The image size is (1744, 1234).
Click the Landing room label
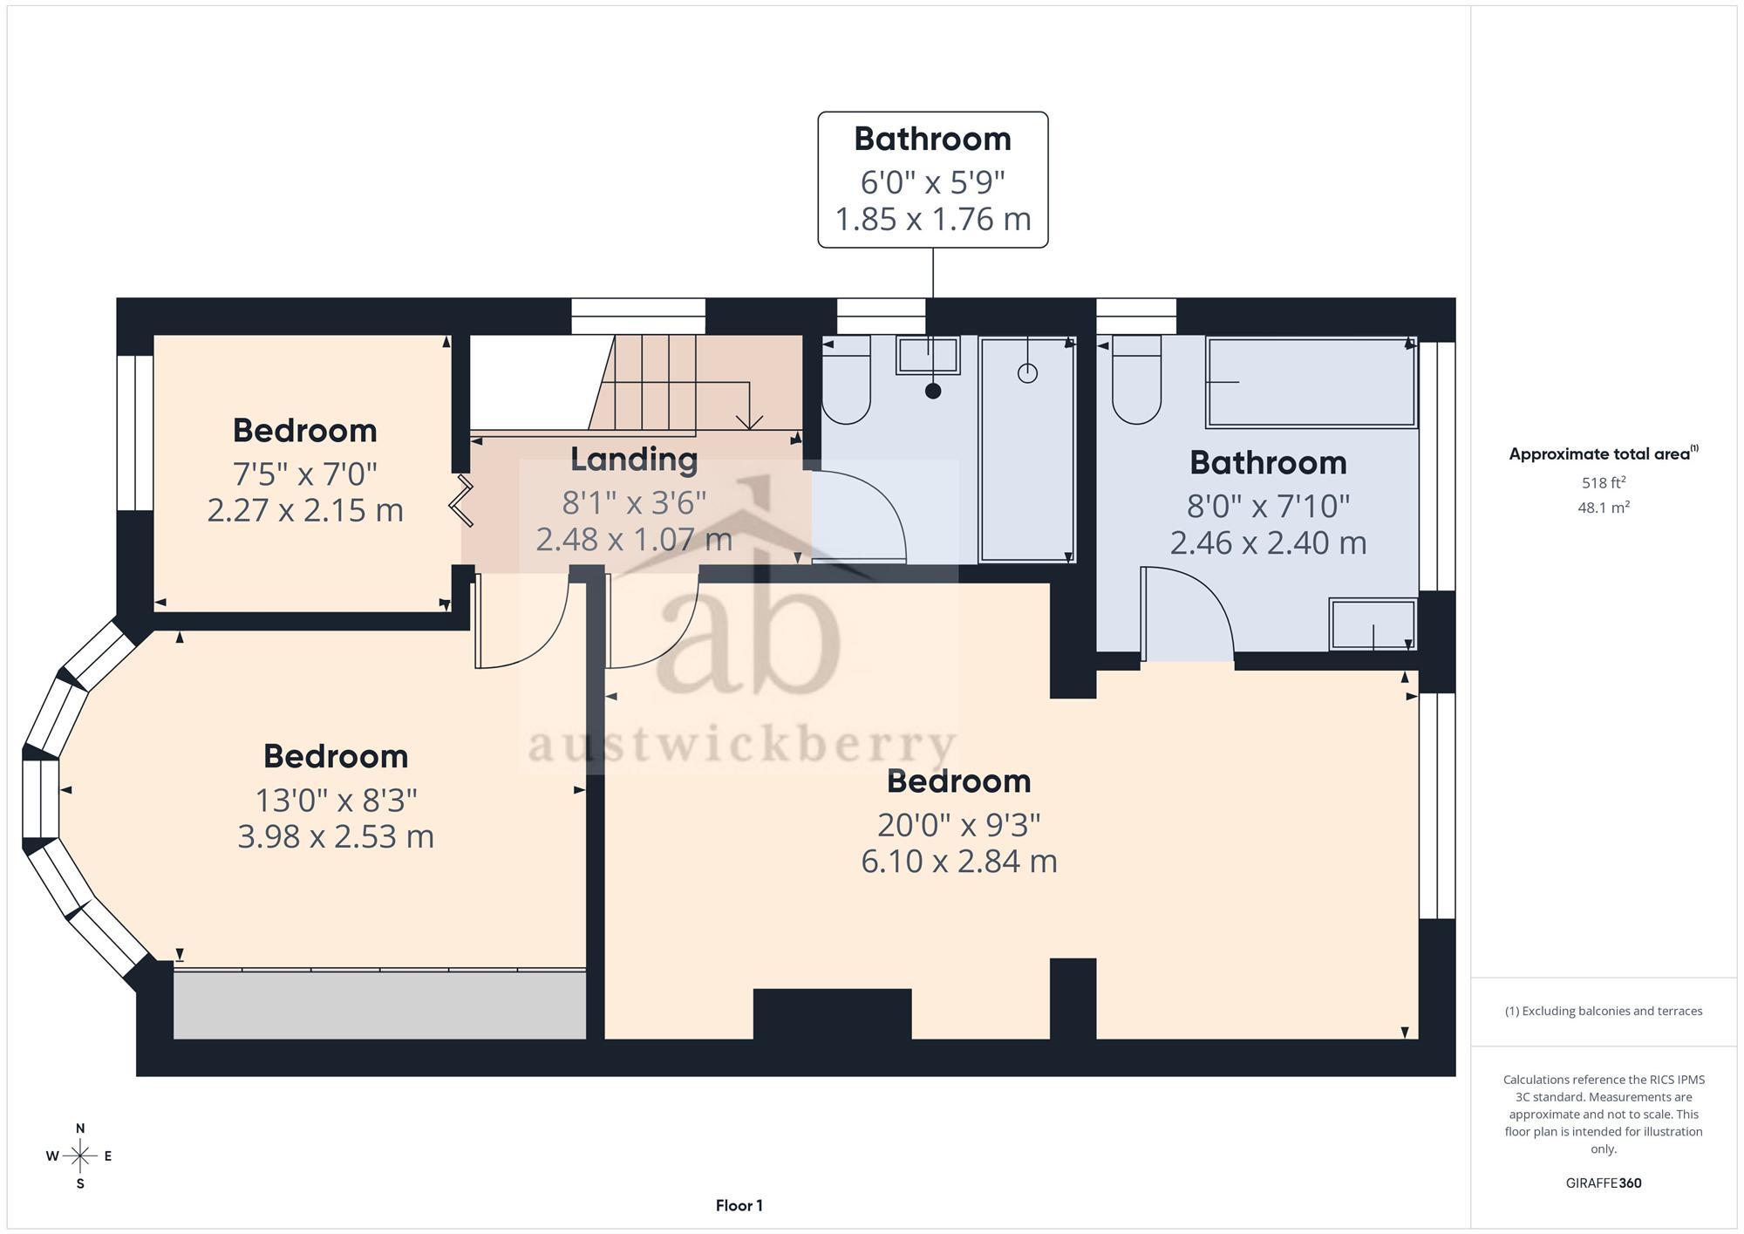pos(634,460)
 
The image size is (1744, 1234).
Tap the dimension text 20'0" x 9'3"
pos(958,824)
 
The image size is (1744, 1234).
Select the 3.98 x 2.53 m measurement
pos(336,836)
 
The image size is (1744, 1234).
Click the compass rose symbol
pos(80,1156)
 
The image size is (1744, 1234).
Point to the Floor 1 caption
pos(739,1205)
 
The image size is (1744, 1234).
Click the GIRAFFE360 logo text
pos(1604,1183)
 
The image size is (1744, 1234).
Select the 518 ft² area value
pos(1604,482)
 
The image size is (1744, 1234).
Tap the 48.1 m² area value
pos(1604,507)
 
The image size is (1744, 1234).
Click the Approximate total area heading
pos(1604,453)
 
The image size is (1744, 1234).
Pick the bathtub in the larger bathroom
pos(1311,382)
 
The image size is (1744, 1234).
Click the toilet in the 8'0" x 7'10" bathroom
pos(1136,380)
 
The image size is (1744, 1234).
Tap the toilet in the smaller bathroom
pos(846,380)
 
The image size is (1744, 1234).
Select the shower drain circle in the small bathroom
pos(1028,373)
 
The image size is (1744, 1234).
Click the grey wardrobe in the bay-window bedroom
pos(379,1005)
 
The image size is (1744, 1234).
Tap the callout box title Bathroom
pos(932,139)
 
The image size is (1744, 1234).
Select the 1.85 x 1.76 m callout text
pos(933,219)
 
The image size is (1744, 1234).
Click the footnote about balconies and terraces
pos(1604,1011)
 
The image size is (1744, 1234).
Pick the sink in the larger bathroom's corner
pos(1373,624)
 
